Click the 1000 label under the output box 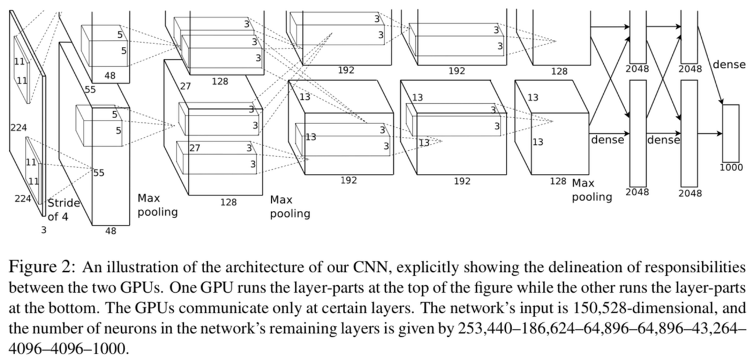click(731, 168)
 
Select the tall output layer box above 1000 click(731, 133)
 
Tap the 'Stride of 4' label click(63, 210)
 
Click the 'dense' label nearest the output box click(729, 64)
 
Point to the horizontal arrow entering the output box click(710, 133)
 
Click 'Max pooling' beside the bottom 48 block click(157, 205)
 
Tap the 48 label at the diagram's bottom click(111, 231)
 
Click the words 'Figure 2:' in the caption click(42, 267)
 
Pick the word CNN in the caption click(369, 267)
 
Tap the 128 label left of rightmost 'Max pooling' click(558, 181)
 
